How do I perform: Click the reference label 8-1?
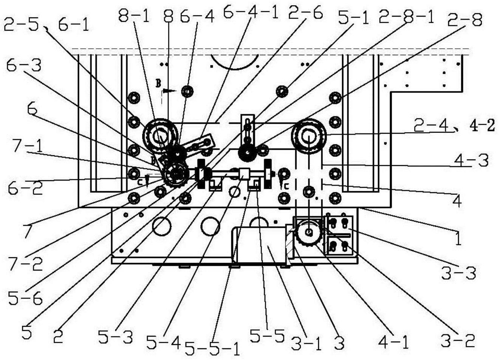[x=133, y=17]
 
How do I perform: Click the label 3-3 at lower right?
[x=458, y=272]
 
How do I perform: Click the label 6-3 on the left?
[x=23, y=66]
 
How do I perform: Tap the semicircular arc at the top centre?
[x=235, y=62]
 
